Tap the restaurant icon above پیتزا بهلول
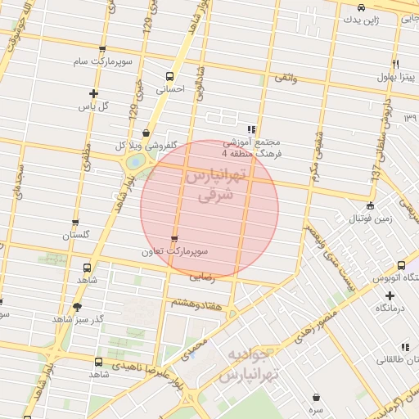pyautogui.click(x=395, y=64)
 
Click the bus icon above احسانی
pyautogui.click(x=170, y=74)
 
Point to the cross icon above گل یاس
pyautogui.click(x=94, y=93)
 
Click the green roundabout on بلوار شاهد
pyautogui.click(x=133, y=162)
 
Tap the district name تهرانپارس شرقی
pyautogui.click(x=209, y=186)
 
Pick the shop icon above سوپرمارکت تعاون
pyautogui.click(x=173, y=239)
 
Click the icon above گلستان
pyautogui.click(x=76, y=223)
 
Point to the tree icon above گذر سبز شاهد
pyautogui.click(x=77, y=307)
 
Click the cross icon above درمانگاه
pyautogui.click(x=379, y=295)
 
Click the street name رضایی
pyautogui.click(x=201, y=277)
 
